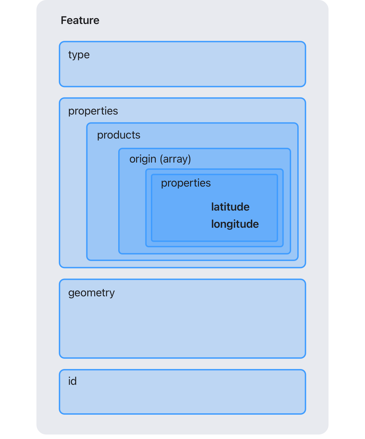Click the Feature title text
[80, 21]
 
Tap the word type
[79, 55]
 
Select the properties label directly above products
[93, 111]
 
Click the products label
[119, 135]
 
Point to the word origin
[143, 159]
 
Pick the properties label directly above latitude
[186, 183]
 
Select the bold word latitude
[230, 207]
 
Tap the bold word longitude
[235, 224]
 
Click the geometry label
[91, 293]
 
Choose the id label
[72, 381]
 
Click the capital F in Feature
[64, 21]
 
